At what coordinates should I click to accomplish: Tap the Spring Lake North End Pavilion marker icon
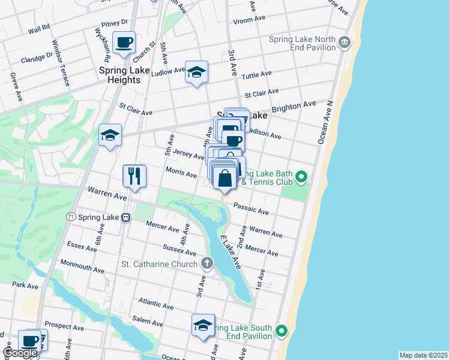coord(345,43)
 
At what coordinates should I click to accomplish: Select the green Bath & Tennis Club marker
coord(303,176)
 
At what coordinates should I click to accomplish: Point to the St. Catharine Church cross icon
coord(206,263)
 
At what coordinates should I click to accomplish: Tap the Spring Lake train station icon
coord(126,217)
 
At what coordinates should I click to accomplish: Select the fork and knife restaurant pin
coord(134,176)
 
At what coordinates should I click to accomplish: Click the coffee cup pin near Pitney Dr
coord(124,43)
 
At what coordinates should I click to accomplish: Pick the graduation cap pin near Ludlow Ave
coord(196,72)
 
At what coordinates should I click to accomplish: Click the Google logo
coord(20,353)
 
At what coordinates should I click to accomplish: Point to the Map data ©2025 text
coord(423,355)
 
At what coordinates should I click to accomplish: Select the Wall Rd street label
coord(38,28)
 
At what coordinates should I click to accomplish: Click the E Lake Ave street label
coord(231,251)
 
